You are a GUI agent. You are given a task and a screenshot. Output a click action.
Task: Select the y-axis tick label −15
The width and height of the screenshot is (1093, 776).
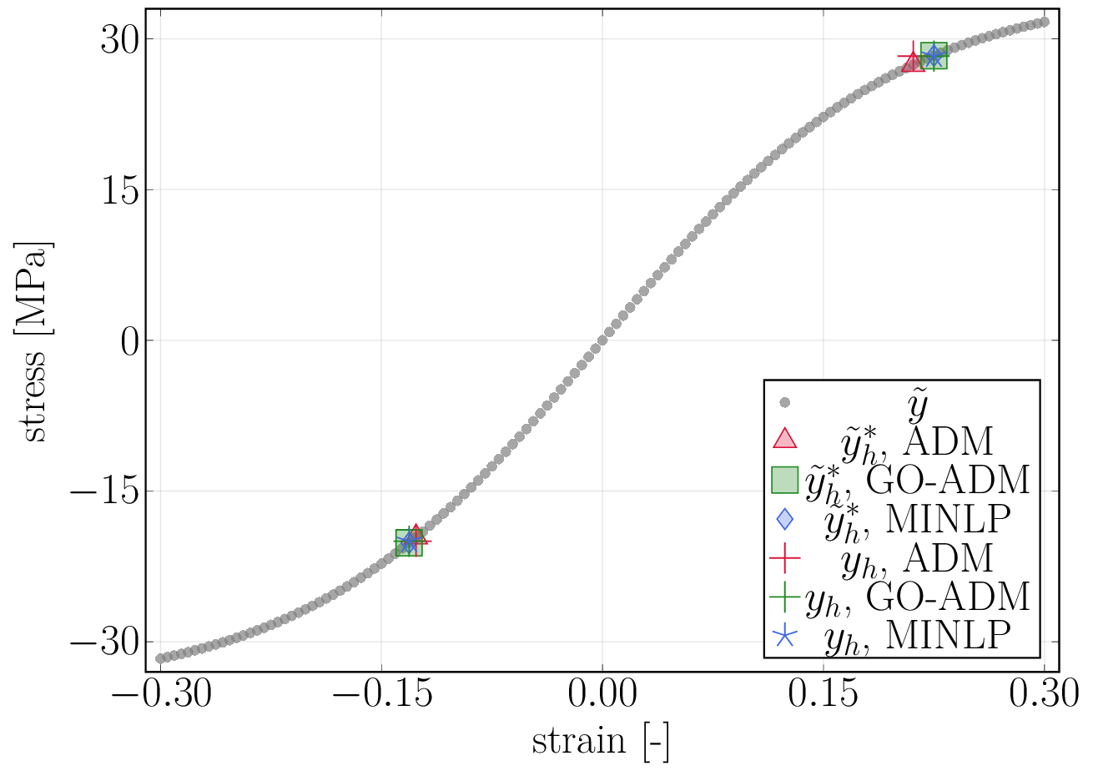click(103, 491)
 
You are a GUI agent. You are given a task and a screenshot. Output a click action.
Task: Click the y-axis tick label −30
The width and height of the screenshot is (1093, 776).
click(103, 642)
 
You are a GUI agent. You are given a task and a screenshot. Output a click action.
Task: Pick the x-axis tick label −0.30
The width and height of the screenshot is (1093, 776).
click(161, 694)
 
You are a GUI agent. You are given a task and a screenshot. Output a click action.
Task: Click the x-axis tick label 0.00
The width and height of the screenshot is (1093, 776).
click(602, 694)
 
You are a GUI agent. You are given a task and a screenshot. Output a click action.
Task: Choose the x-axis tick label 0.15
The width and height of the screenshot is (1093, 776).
click(824, 694)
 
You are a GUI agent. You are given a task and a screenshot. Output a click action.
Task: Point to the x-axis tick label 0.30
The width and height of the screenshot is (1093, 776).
click(1044, 694)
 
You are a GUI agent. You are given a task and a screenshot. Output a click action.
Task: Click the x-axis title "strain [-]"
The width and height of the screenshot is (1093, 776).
click(601, 741)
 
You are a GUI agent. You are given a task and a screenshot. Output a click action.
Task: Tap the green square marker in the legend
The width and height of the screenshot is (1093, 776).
click(784, 479)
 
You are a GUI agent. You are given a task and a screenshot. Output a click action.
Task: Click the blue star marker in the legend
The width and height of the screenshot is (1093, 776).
click(784, 637)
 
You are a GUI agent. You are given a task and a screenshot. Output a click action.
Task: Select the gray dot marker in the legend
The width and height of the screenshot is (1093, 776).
click(784, 402)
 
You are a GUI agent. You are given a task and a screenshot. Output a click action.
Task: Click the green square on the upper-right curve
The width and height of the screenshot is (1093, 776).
click(934, 56)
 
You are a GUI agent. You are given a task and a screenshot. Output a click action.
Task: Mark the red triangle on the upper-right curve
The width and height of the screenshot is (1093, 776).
click(913, 62)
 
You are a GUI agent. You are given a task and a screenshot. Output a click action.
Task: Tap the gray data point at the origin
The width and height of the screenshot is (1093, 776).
click(602, 340)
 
